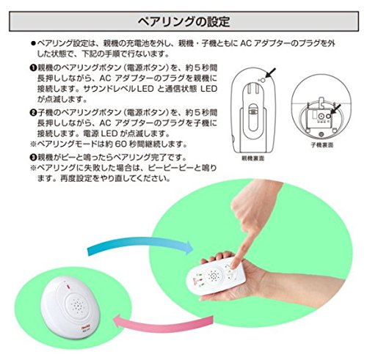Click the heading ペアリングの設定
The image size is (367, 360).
coord(183,21)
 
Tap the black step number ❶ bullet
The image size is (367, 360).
coord(33,67)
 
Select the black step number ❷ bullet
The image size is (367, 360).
coord(33,113)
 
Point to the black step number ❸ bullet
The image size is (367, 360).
coord(33,158)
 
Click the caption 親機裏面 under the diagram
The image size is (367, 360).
coord(252,158)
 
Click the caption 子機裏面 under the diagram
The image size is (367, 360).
coord(322,145)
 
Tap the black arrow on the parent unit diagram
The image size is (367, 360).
coord(270,73)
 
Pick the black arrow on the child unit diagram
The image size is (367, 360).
coord(335,109)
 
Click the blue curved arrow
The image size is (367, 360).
coord(140,244)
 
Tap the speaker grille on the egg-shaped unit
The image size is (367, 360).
coord(78,305)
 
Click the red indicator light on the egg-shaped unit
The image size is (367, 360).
coord(68,287)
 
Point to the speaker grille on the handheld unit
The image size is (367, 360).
coord(213,276)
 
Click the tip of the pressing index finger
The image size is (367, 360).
coord(233,265)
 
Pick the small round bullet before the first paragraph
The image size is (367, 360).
coord(33,44)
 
